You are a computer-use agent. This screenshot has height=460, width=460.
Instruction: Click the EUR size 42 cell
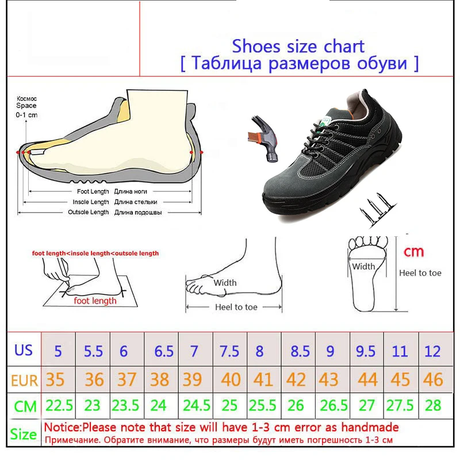click(296, 379)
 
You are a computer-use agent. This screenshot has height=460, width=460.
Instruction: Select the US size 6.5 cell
click(164, 351)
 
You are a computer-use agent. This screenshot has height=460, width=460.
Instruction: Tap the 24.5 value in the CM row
click(197, 405)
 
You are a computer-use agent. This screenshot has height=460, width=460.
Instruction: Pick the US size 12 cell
click(432, 351)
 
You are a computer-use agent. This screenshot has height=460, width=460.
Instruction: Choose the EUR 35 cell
click(55, 379)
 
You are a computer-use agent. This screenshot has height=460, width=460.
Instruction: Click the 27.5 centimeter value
click(400, 405)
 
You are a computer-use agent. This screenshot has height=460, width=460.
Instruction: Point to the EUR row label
click(25, 381)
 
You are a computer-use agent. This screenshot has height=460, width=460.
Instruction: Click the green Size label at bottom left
click(24, 434)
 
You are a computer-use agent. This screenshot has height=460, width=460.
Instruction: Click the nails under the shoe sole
click(377, 209)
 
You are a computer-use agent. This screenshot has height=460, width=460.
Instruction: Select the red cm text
click(413, 252)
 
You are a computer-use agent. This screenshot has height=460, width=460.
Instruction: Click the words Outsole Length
click(89, 212)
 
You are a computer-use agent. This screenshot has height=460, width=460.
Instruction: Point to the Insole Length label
click(91, 202)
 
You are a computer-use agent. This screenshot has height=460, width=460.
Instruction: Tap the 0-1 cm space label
click(26, 114)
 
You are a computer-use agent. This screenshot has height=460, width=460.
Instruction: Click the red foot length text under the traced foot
click(95, 301)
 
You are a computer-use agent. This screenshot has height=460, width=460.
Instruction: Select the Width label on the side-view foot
click(225, 283)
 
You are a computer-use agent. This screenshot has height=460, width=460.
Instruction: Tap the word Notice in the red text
click(62, 427)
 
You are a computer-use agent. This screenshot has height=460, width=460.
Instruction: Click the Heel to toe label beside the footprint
click(420, 273)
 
